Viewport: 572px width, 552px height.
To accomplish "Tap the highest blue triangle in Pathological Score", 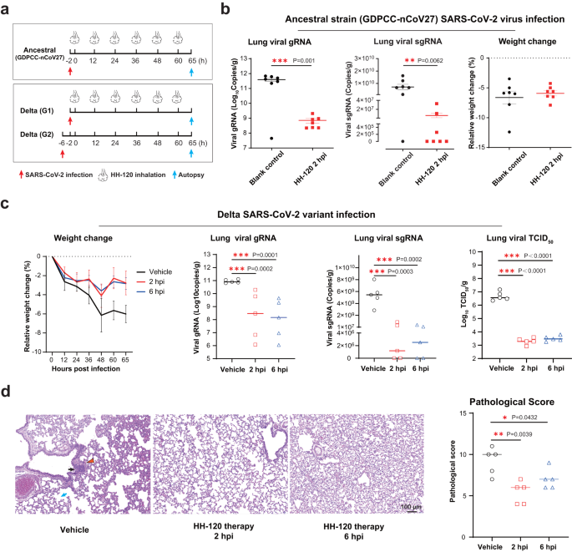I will [524, 463].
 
